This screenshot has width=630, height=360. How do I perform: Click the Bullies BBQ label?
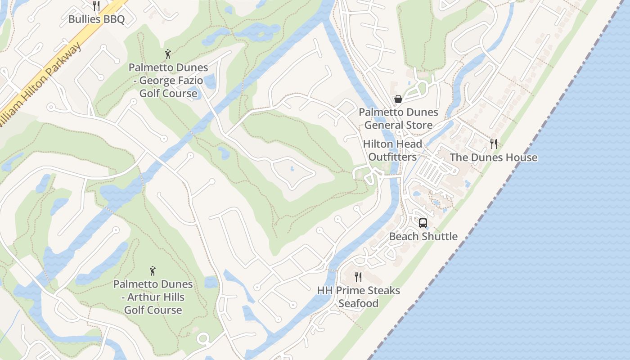click(x=96, y=19)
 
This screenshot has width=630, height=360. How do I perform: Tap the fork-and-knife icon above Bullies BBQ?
click(x=96, y=5)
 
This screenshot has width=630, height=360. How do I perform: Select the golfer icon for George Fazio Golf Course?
click(x=168, y=54)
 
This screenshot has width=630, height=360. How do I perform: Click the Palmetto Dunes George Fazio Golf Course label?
click(x=168, y=81)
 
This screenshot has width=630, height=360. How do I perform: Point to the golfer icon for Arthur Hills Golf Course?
click(x=153, y=271)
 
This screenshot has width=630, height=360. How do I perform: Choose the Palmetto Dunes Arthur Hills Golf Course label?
click(x=153, y=297)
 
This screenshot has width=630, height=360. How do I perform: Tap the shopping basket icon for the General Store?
click(x=398, y=99)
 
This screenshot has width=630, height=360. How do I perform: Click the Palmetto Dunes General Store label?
click(x=398, y=119)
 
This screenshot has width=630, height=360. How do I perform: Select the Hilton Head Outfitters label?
click(x=392, y=151)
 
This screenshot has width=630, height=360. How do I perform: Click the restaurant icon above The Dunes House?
click(x=494, y=144)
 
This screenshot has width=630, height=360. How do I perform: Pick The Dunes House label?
click(x=494, y=157)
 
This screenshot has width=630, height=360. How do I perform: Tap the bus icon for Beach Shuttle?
click(x=423, y=223)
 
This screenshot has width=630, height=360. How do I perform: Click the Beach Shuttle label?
click(x=423, y=237)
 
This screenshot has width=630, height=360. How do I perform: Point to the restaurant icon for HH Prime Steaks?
click(x=358, y=277)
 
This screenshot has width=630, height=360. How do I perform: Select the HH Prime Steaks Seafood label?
click(x=359, y=297)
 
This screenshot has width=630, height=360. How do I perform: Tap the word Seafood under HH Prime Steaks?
click(x=359, y=303)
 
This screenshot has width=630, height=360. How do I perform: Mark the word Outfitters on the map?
click(x=392, y=157)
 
